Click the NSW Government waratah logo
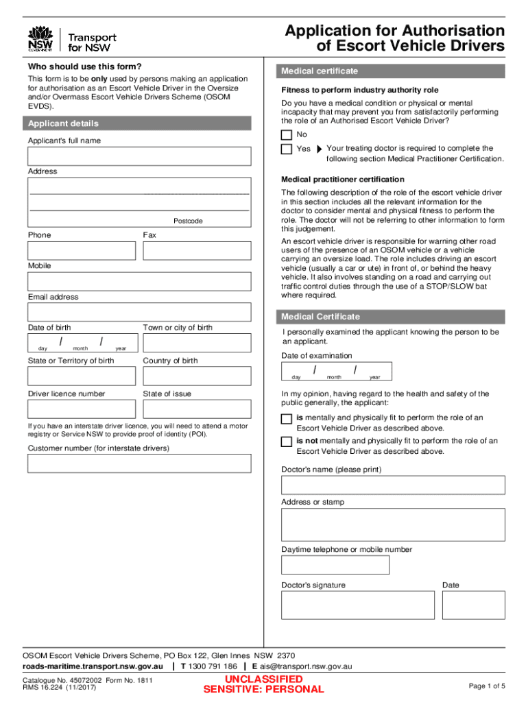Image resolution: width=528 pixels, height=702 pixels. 40,38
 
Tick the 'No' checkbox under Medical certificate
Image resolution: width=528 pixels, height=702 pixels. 287,134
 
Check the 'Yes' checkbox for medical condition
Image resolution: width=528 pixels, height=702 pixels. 287,149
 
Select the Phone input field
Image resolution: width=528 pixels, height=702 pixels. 82,251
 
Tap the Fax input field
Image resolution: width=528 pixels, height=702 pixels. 197,251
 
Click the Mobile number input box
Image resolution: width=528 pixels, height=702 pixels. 139,282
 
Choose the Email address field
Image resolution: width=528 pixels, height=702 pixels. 139,313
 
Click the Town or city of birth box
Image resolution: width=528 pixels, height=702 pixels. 197,343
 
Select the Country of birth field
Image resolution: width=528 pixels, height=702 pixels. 197,376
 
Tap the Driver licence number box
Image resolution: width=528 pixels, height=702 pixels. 82,409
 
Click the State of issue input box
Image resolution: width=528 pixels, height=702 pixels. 197,409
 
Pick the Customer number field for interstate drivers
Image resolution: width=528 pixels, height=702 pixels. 139,463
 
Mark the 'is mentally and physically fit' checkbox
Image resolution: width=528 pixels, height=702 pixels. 287,419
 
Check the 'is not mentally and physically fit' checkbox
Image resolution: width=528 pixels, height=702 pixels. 287,442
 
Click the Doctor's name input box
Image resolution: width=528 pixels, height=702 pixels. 393,485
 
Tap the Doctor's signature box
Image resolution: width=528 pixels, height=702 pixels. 358,605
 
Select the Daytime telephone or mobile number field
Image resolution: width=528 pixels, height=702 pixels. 335,565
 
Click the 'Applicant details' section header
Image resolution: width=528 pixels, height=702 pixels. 63,123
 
